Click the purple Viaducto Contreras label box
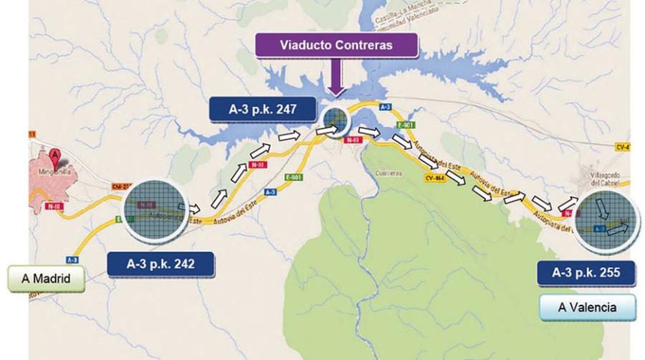(x=336, y=44)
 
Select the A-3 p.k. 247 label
(x=262, y=110)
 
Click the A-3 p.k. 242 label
(x=161, y=263)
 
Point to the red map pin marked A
(x=54, y=155)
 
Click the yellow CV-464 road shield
(x=435, y=179)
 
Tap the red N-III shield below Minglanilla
(x=52, y=207)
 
